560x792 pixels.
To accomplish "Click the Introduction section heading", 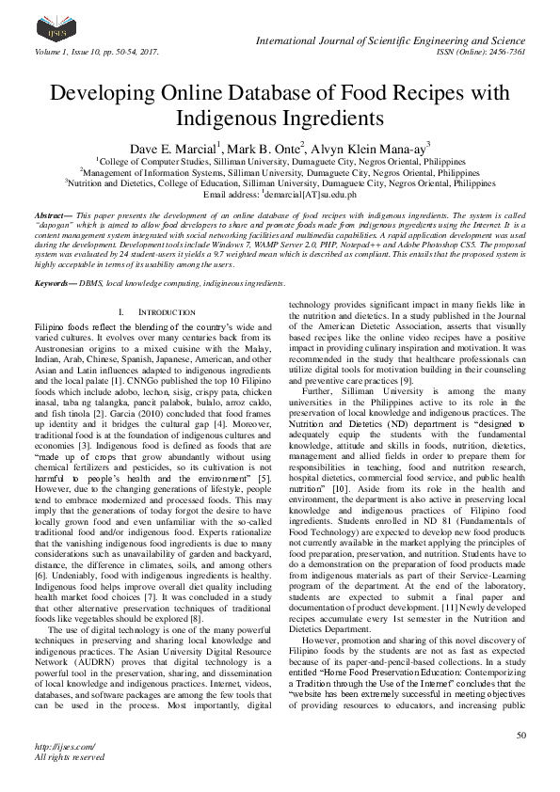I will coord(145,285).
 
